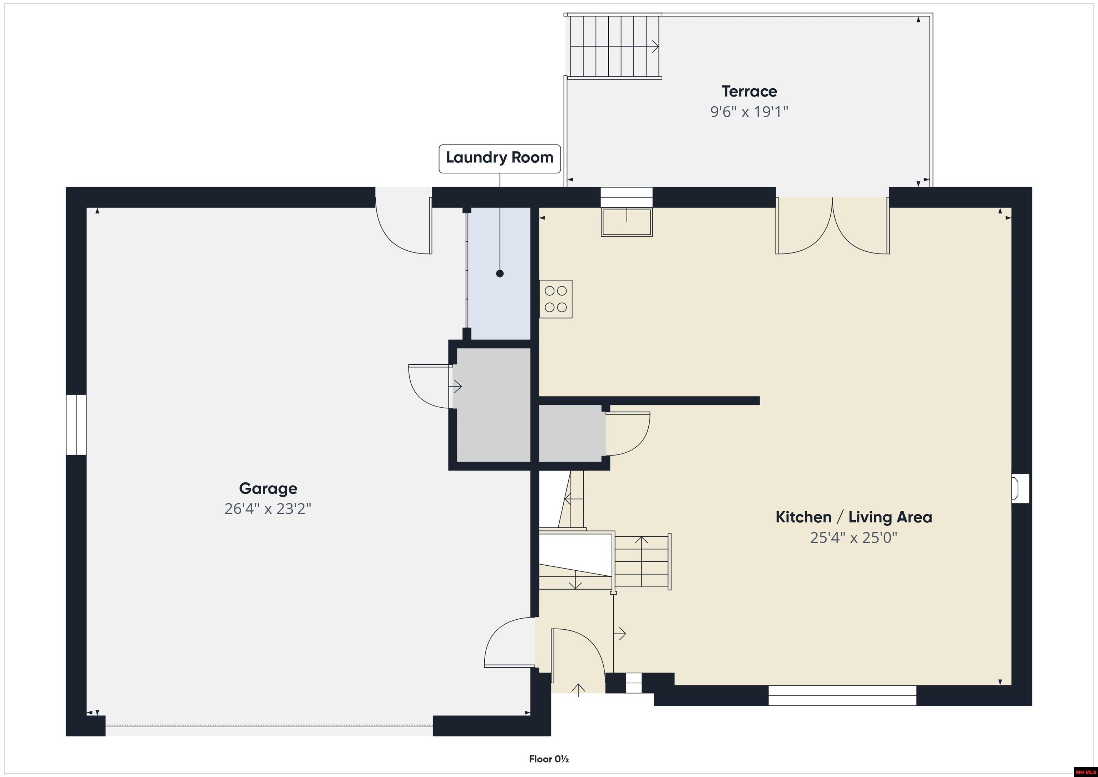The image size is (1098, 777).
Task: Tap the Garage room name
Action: (x=268, y=488)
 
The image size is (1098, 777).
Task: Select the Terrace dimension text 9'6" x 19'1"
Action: (x=749, y=112)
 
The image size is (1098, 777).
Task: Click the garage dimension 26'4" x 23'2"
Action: (x=268, y=508)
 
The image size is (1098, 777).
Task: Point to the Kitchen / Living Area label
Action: (x=854, y=517)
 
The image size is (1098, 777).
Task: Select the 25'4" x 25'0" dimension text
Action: (x=854, y=538)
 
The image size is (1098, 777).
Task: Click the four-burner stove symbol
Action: (x=556, y=299)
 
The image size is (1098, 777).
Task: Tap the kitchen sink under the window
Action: (x=627, y=222)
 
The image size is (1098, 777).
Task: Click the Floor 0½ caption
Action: (x=549, y=759)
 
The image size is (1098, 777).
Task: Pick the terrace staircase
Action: (x=614, y=46)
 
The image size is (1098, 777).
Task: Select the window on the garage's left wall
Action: (x=76, y=424)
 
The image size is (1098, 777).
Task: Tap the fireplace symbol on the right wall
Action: (x=1020, y=488)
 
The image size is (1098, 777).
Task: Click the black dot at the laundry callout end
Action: (x=500, y=274)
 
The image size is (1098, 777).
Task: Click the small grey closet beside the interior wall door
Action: (x=571, y=433)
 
